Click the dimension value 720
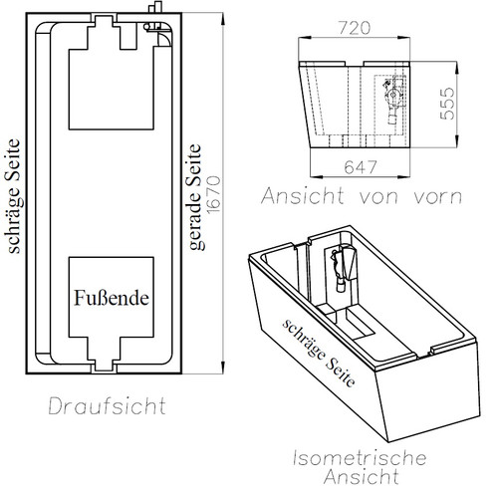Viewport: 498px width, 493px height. tap(355, 28)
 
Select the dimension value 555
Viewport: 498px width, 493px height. tap(447, 104)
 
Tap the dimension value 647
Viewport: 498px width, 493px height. tap(361, 167)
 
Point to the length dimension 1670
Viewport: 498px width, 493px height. tap(213, 194)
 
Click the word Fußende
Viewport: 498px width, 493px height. tap(112, 298)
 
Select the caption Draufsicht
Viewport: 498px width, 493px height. tap(108, 405)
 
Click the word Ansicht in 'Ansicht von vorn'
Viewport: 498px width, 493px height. tap(303, 196)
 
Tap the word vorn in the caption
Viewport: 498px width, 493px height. tap(438, 197)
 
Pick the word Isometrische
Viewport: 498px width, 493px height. tap(360, 457)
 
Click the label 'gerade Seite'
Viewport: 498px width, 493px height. tap(194, 197)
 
